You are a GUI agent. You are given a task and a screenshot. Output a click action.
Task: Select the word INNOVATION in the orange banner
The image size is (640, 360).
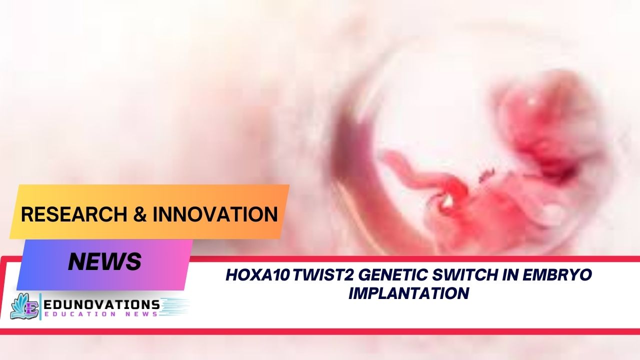(x=215, y=214)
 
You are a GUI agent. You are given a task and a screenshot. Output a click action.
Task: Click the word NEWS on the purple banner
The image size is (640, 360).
(x=104, y=261)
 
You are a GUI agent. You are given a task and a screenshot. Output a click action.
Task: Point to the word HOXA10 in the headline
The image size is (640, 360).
(x=257, y=274)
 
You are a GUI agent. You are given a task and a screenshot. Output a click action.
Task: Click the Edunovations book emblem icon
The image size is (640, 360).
(x=25, y=306)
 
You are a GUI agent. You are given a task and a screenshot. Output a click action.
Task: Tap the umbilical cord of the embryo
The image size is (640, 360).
(x=410, y=170)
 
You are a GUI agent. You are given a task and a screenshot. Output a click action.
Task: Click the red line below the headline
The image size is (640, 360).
(x=320, y=331)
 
